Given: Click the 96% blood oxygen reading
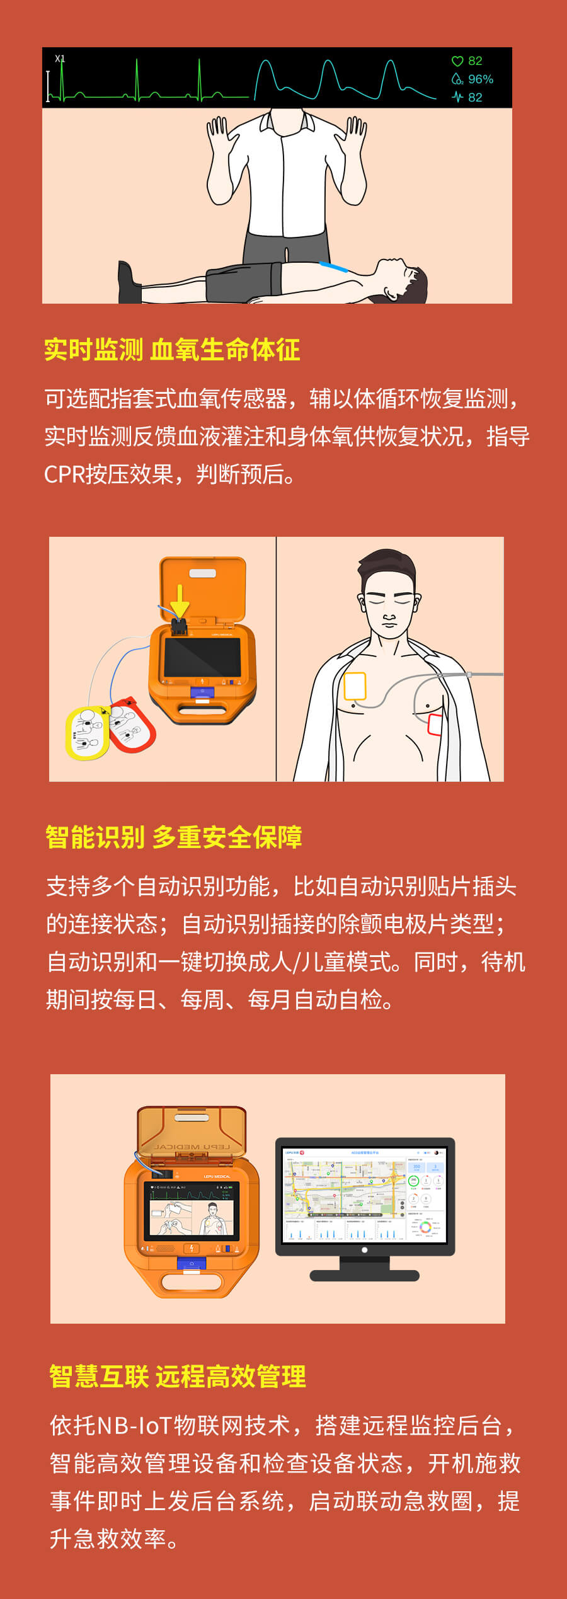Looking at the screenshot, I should pos(480,79).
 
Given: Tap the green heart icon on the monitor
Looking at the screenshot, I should pos(457,61).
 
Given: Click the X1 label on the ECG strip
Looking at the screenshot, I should pos(60,59).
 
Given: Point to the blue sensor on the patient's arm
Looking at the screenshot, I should pos(333,266).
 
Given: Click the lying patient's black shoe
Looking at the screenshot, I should pos(129,284).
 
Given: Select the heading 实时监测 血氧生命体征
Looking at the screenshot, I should pos(172,350).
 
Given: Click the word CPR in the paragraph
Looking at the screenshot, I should pos(64,474).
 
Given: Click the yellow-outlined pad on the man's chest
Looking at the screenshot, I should pos(355,687).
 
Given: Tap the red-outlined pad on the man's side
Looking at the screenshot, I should pos(435,725).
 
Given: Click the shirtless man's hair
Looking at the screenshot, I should pos(387,567).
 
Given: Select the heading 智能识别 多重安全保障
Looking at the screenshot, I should pos(174,837).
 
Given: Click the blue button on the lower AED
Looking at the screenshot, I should pos(192,1264).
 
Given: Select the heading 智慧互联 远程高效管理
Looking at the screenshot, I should pos(178,1377).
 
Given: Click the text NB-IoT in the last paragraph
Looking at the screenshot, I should pos(134,1426).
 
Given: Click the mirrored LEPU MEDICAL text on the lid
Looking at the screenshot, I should pos(192,1147).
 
